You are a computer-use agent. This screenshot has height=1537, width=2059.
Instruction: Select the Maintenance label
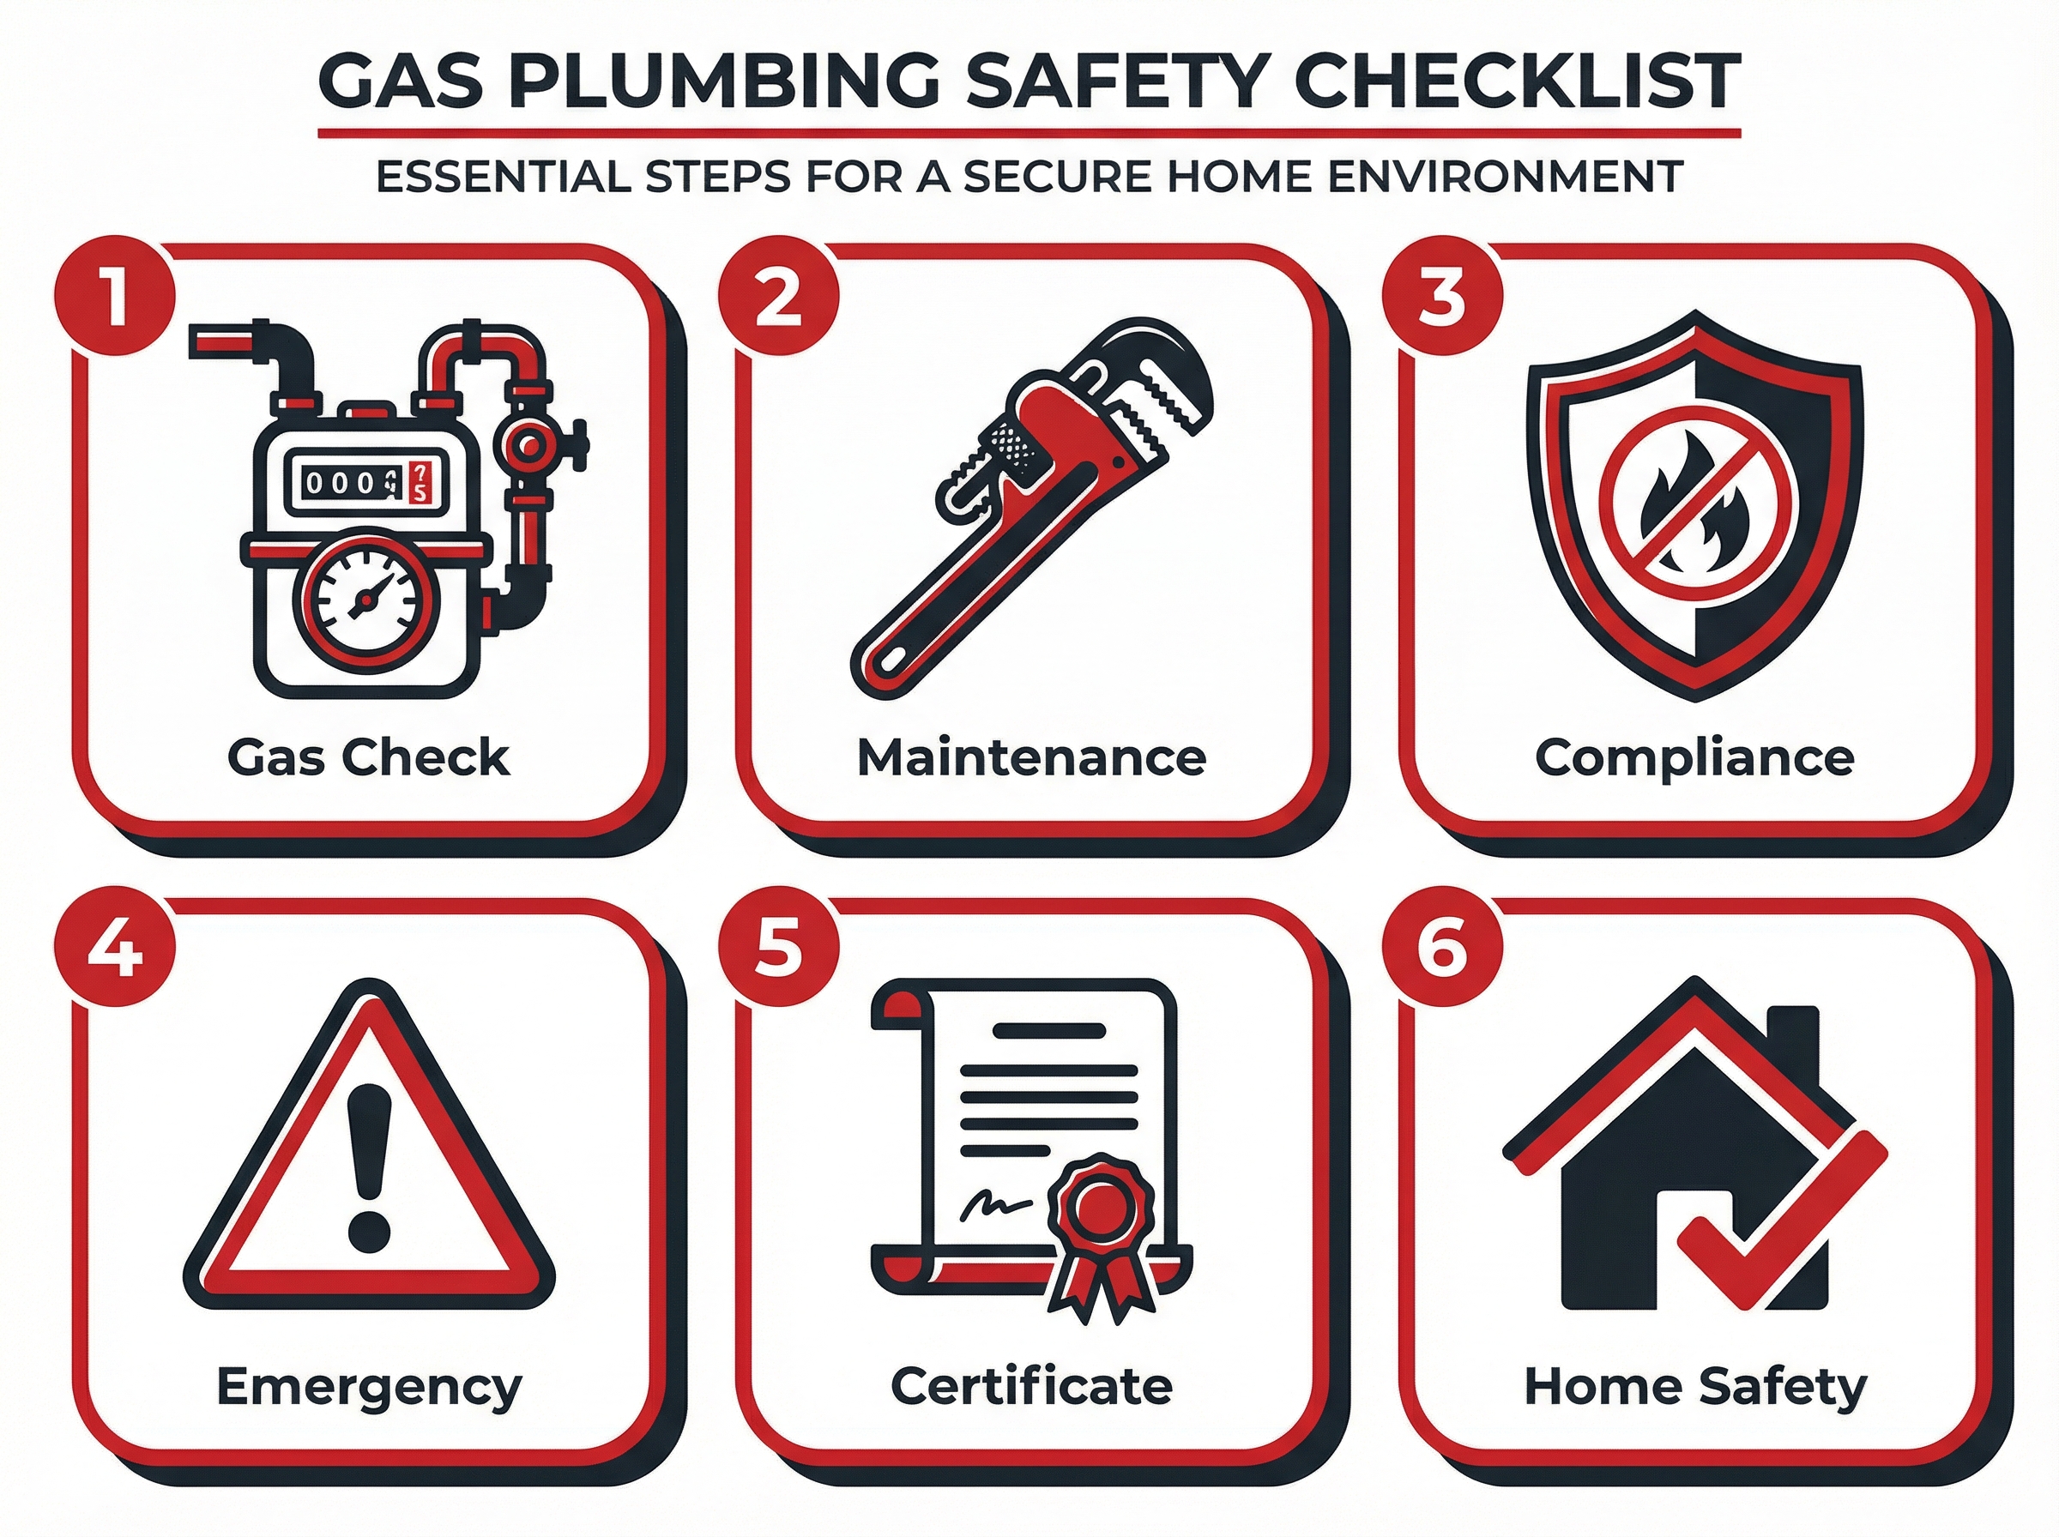tap(1031, 758)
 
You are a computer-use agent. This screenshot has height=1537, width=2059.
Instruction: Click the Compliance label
tap(1694, 758)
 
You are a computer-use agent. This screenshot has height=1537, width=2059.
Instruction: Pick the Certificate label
tap(1031, 1387)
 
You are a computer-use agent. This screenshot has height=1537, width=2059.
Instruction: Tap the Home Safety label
tap(1694, 1387)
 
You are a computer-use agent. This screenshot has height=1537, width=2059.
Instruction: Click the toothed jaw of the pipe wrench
tap(1163, 391)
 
